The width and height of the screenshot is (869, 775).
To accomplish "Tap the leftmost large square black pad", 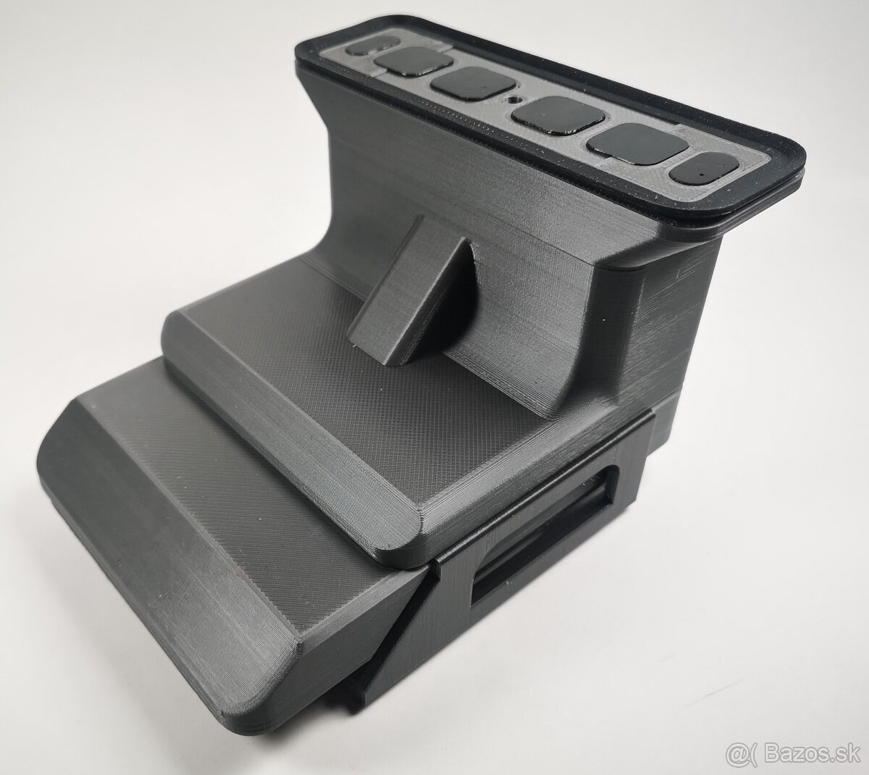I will click(x=406, y=63).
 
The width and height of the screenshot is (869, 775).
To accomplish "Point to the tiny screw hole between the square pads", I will click(x=513, y=96).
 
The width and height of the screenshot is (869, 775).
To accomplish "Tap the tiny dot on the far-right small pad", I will click(x=703, y=173).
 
